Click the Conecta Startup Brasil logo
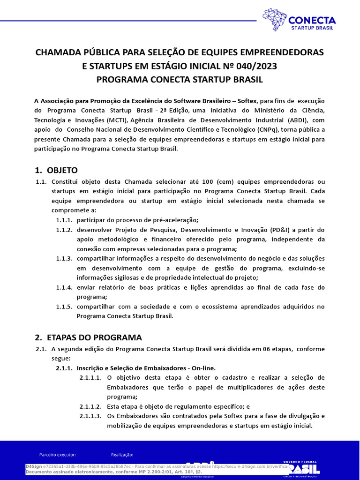[x=299, y=21]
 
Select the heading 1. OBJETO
[x=57, y=170]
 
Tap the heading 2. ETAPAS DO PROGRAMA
[x=89, y=337]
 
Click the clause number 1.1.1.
[x=64, y=220]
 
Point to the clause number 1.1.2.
[x=64, y=230]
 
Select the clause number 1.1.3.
[x=64, y=259]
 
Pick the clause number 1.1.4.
[x=64, y=287]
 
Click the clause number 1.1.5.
[x=64, y=307]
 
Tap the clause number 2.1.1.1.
[x=90, y=377]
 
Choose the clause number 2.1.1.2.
[x=90, y=406]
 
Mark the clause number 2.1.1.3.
[x=90, y=416]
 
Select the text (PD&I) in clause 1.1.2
[x=284, y=230]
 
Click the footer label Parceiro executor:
[x=58, y=455]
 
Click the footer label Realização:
[x=122, y=455]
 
